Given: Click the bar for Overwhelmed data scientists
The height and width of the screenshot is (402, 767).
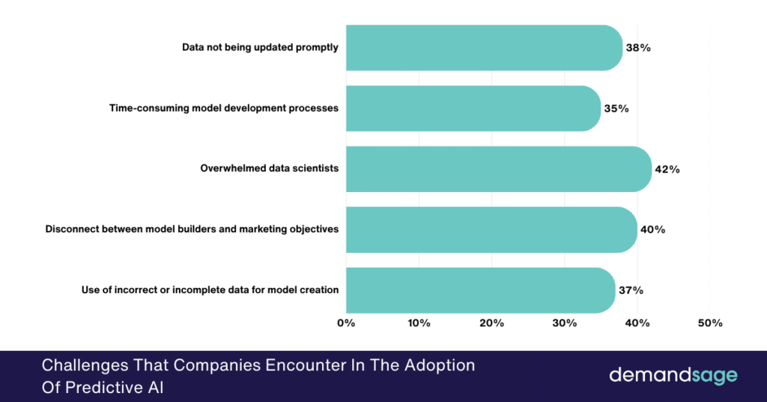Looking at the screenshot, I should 498,169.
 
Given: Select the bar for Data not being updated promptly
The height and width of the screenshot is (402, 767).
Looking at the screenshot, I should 484,47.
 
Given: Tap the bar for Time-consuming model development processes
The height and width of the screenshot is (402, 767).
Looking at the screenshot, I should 473,108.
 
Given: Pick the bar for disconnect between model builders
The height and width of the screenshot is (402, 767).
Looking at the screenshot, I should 491,229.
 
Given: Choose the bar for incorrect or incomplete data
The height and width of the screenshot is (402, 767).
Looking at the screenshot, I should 480,290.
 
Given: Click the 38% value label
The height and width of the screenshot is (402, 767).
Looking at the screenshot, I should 638,47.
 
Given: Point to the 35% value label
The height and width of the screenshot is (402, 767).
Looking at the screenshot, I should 616,108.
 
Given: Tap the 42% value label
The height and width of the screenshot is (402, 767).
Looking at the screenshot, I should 667,169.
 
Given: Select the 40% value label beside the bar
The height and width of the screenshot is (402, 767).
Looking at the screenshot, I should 652,229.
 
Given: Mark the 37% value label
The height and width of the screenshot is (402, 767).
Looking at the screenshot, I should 631,290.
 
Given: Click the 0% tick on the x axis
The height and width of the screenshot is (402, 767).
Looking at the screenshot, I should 346,323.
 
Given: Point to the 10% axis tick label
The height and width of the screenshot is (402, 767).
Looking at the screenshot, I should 419,323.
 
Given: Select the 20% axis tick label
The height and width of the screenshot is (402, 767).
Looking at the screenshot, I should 491,323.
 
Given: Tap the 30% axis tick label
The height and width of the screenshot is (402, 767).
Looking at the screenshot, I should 564,323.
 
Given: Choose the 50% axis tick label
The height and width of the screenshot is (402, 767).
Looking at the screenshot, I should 710,323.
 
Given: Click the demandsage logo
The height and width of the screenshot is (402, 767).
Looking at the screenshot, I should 673,375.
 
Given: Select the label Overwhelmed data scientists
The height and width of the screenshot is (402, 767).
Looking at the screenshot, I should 269,169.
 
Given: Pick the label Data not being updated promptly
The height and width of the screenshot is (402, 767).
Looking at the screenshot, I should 260,47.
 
